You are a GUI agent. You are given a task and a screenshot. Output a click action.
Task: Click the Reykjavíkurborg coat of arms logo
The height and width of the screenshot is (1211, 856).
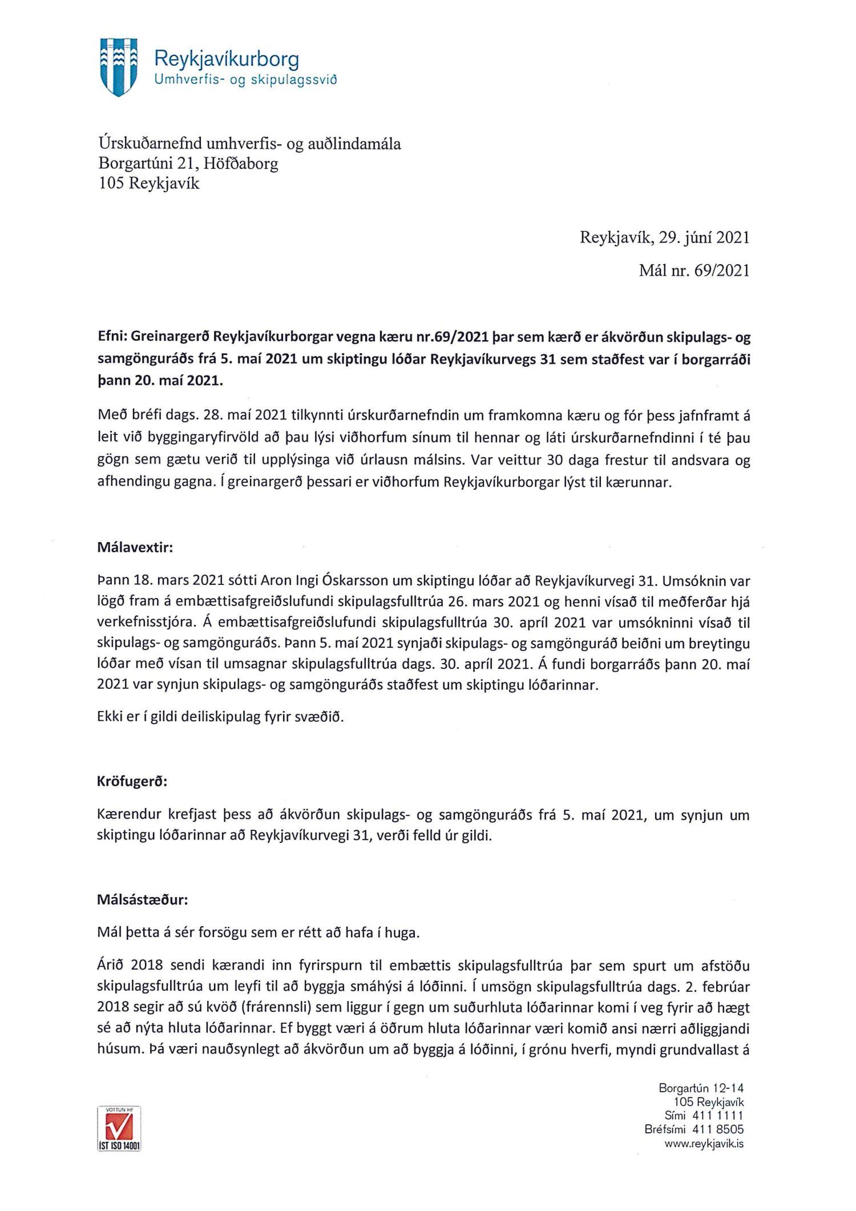[x=119, y=67]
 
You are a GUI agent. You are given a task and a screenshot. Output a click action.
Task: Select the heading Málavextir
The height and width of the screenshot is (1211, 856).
[x=135, y=548]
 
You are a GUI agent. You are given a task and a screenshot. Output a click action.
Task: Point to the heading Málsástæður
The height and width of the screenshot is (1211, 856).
[x=142, y=901]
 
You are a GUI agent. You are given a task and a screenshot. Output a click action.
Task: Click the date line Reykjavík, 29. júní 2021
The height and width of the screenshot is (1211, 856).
[x=664, y=238]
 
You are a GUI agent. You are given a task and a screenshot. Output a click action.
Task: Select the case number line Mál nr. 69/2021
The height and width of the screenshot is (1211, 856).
[x=694, y=271]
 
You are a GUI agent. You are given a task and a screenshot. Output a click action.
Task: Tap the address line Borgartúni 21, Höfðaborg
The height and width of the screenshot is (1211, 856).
[x=188, y=164]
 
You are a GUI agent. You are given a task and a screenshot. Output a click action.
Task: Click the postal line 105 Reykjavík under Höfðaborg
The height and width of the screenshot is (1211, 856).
[x=149, y=184]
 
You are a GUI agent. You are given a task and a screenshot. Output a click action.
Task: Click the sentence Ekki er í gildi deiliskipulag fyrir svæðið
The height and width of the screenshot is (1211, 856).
[x=221, y=717]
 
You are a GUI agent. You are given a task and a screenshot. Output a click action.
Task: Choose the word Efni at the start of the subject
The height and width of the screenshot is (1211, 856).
[x=112, y=338]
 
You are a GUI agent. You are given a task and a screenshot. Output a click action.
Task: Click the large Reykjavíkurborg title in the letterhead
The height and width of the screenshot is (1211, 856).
[x=227, y=59]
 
